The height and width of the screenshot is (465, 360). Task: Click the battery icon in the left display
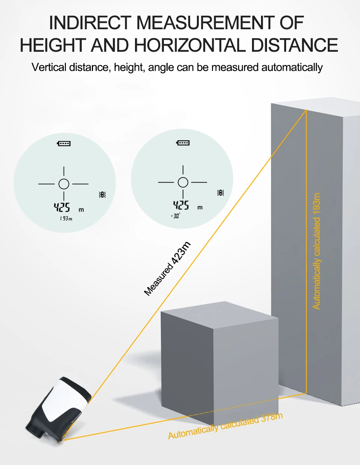64,143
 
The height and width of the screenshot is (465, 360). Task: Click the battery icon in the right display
183,143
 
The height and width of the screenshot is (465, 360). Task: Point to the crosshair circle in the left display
64,184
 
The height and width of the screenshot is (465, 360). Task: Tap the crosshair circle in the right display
183,182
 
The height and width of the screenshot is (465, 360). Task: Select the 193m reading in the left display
66,218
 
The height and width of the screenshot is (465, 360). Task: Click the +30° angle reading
175,216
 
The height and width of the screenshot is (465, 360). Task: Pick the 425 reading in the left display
62,207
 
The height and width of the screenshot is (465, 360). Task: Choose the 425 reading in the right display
181,205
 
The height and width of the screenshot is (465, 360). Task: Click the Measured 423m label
167,268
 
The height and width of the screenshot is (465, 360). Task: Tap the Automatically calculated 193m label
317,251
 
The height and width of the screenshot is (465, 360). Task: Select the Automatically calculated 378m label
225,426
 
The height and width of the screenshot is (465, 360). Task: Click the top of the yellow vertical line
306,110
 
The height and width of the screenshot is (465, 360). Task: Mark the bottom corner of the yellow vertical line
306,393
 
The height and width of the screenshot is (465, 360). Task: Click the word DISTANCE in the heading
294,45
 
